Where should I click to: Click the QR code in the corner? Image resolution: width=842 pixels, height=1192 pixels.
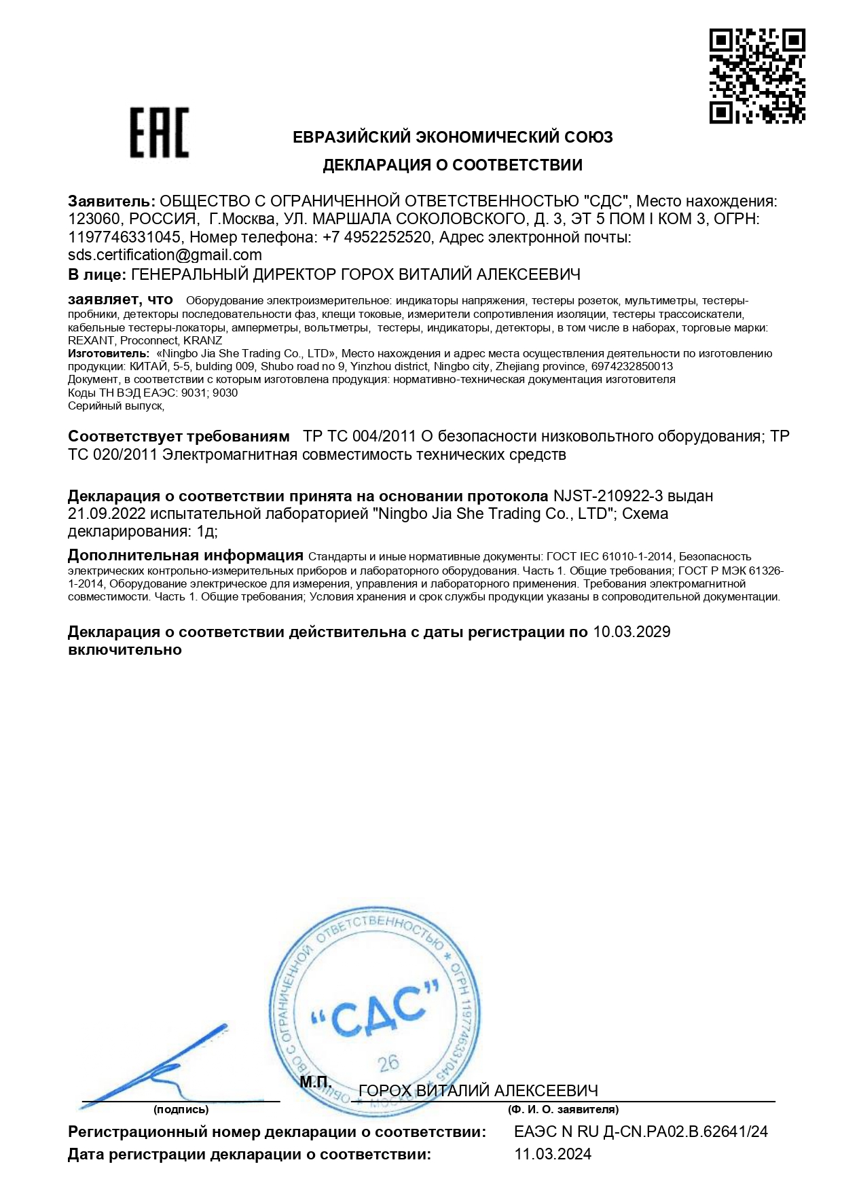[757, 76]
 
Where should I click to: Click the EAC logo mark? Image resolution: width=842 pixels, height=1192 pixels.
[159, 132]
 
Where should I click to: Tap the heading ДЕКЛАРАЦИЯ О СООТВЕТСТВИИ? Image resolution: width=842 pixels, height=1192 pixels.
[452, 165]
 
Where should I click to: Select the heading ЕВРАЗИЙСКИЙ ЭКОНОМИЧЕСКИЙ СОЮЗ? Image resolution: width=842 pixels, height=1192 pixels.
[452, 137]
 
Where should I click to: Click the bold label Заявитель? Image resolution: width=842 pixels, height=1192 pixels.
[111, 201]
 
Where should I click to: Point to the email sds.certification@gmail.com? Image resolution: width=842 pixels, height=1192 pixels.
[165, 255]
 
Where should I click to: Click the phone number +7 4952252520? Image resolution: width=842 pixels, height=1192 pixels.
[377, 237]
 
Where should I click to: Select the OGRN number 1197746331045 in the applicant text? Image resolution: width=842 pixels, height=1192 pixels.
[124, 237]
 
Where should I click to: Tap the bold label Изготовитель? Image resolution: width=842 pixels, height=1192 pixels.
[109, 353]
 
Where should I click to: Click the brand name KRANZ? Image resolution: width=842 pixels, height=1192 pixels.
[202, 340]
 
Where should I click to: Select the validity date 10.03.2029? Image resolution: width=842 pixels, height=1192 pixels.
[631, 632]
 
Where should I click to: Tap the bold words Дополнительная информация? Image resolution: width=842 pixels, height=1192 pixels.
[185, 556]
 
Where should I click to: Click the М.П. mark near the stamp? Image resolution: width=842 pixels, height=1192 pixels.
[316, 1083]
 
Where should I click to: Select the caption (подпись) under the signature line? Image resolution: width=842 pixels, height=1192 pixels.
[181, 1109]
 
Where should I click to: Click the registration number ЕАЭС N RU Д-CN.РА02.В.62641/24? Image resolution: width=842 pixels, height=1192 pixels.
[641, 1132]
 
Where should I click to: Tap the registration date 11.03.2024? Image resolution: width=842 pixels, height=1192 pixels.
[553, 1154]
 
